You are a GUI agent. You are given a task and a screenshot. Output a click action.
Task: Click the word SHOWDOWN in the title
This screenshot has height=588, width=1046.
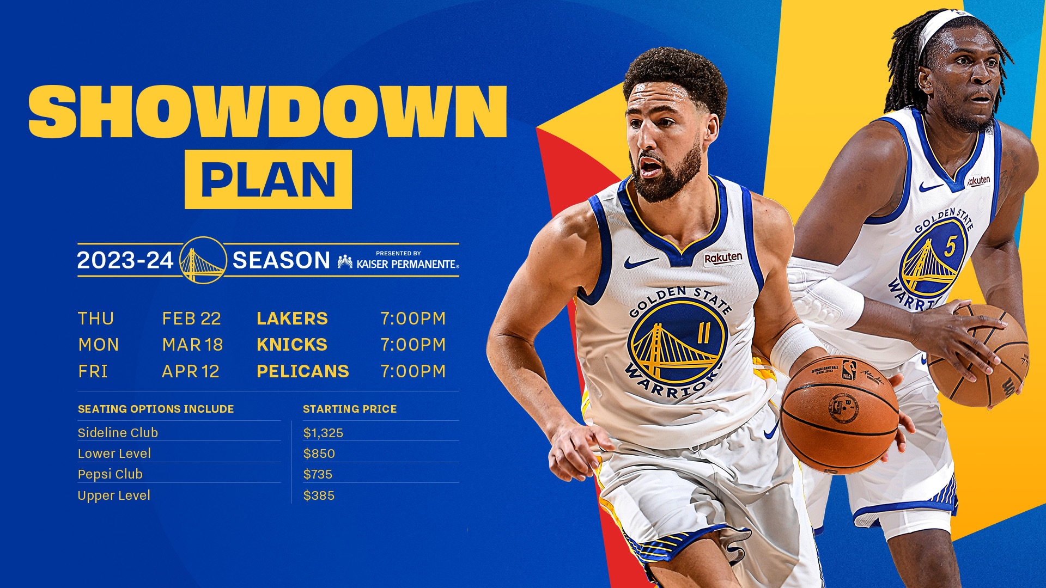coord(267,112)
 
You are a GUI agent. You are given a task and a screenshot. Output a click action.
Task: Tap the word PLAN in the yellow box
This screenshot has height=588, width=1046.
coord(268,179)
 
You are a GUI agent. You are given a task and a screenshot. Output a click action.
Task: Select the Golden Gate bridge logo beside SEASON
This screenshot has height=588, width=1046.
coord(203,260)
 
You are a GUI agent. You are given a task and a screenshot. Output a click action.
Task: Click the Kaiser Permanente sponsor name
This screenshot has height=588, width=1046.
coord(406,264)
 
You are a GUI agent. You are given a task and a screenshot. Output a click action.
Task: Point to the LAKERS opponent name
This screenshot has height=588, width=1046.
coord(292,318)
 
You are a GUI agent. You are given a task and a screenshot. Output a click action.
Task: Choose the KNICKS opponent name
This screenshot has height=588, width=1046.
coord(292,345)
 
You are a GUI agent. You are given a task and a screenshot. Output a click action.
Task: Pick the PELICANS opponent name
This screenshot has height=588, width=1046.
coord(302,371)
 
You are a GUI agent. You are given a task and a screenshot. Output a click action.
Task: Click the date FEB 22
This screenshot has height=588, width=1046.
coord(191,318)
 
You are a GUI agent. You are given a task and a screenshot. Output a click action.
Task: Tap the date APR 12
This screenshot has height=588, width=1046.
coord(191,371)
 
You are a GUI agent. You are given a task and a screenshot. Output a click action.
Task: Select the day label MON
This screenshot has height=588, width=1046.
coord(98,345)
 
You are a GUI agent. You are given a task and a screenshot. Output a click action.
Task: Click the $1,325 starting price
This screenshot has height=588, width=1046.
coord(323,433)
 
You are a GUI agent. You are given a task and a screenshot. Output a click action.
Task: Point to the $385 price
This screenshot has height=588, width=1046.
coord(319,495)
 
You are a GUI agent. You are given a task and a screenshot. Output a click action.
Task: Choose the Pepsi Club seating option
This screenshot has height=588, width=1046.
coord(110,474)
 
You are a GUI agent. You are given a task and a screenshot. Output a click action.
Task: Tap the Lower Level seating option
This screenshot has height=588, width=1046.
coord(114,454)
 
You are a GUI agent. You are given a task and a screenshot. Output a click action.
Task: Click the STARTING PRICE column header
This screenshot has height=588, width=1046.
coord(350,409)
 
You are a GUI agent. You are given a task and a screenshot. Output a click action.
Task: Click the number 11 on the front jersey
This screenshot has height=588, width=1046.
coord(703,333)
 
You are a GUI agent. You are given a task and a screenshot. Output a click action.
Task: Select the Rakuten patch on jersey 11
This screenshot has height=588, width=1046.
coord(723,258)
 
